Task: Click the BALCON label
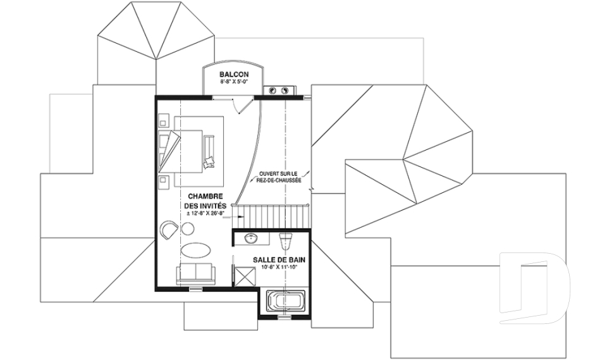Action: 234,75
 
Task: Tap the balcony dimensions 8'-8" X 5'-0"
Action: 234,82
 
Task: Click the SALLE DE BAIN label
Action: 279,260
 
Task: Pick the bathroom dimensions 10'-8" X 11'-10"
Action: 279,268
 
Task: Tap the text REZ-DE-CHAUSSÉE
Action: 278,181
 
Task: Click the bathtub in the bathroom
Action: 285,302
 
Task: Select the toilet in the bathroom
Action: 286,240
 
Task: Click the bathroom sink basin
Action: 252,239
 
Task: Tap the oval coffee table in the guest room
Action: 196,249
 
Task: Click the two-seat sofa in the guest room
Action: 195,273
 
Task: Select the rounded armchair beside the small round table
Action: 169,230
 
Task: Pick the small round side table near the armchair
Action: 188,228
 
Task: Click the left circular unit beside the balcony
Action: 272,90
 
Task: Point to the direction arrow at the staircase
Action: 237,217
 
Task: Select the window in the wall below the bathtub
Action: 285,317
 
